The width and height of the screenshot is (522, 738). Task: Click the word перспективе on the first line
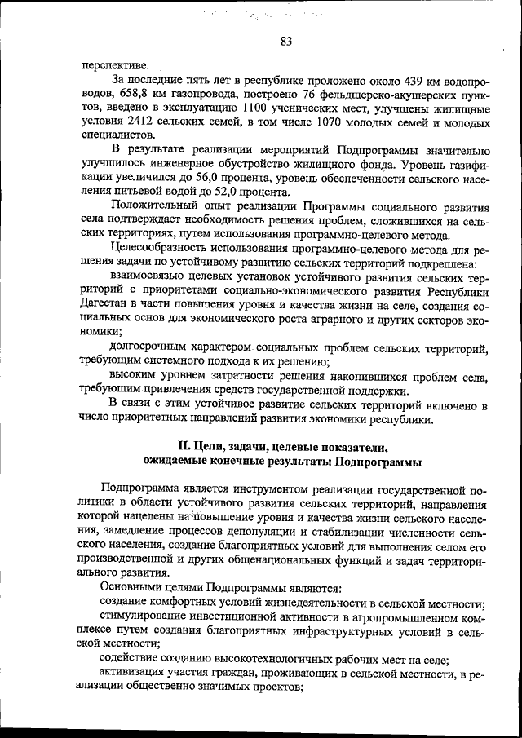[x=115, y=64]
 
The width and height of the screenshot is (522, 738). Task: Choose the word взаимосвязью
[x=148, y=277]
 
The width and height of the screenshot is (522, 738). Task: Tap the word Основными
[x=129, y=588]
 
